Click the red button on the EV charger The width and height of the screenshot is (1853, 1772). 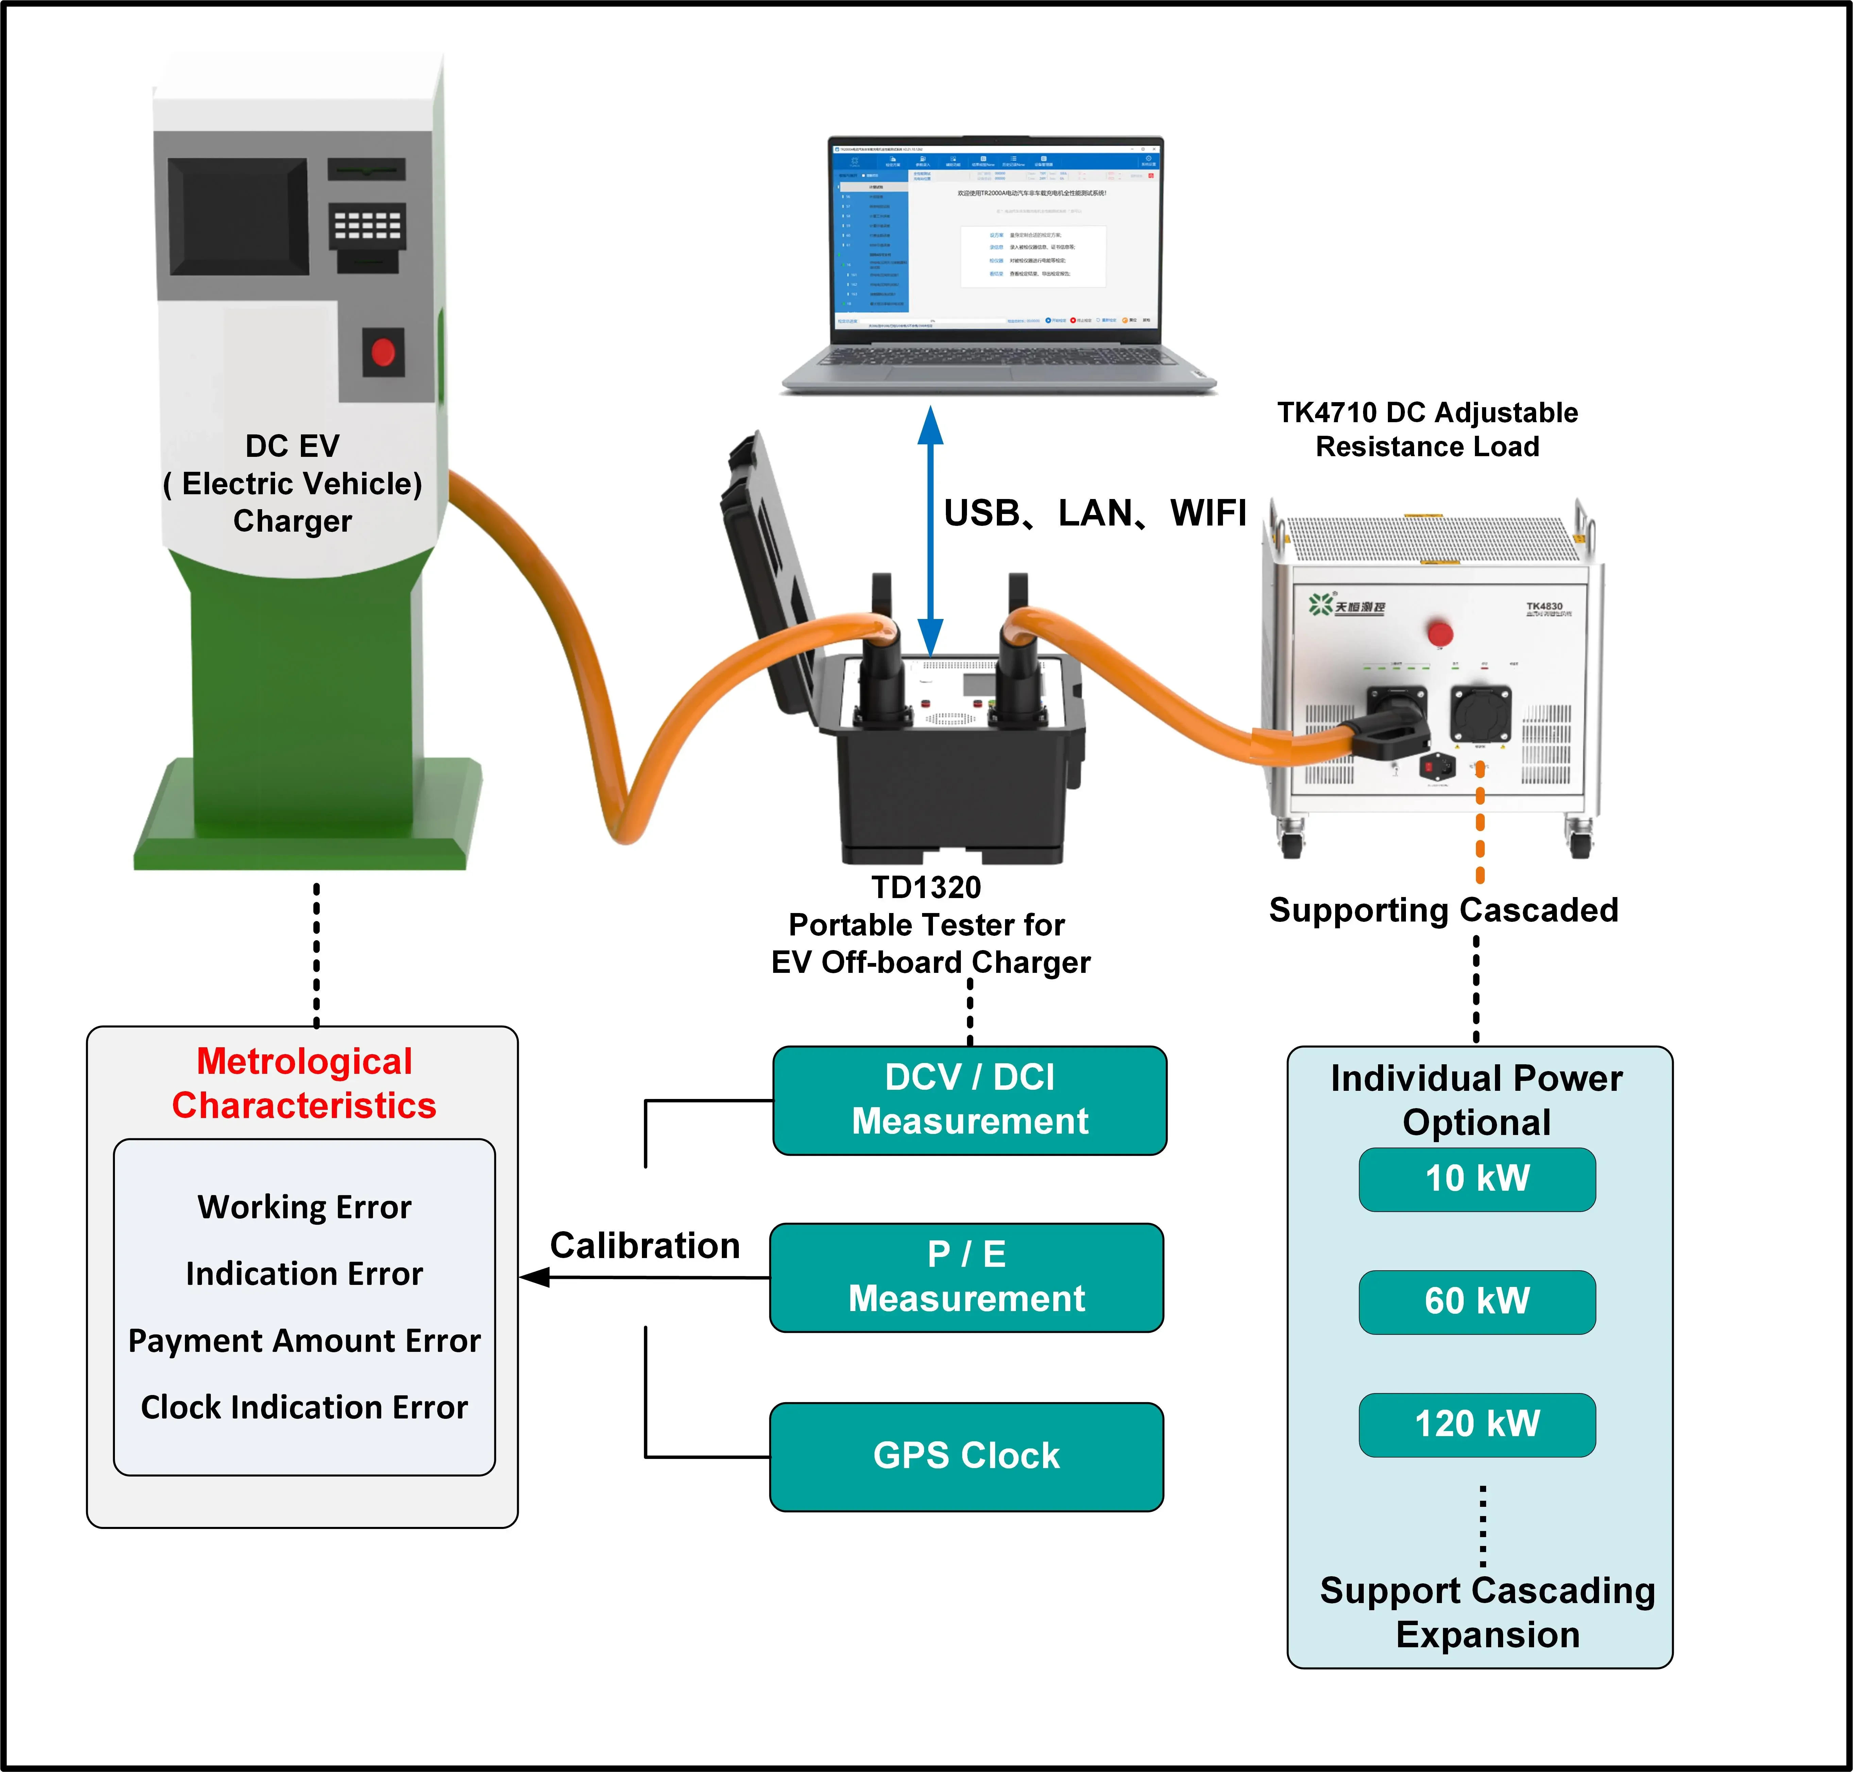coord(383,352)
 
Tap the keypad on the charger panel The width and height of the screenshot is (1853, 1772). coord(368,227)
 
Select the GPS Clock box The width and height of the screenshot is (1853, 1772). coord(966,1456)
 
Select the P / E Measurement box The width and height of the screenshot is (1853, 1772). coord(966,1277)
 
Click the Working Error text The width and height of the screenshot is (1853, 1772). coord(304,1207)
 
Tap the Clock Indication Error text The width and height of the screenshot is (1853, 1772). coord(304,1407)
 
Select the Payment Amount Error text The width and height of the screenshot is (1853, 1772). coord(304,1341)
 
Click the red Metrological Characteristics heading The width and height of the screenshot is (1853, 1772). coord(304,1083)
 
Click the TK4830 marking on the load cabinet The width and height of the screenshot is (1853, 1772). coord(1544,606)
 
